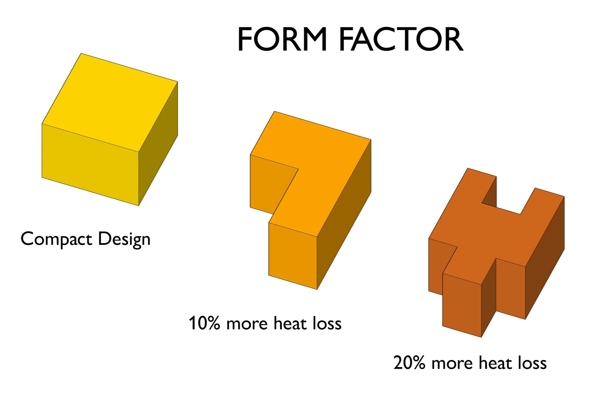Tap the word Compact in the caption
56,239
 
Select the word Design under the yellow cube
124,239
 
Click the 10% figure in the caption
204,323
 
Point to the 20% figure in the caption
409,363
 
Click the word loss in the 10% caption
327,323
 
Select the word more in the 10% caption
247,324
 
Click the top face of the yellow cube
109,103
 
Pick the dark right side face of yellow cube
158,143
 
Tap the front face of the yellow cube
90,165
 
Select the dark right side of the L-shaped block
344,216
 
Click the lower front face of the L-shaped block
293,256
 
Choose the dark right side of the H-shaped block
545,256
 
